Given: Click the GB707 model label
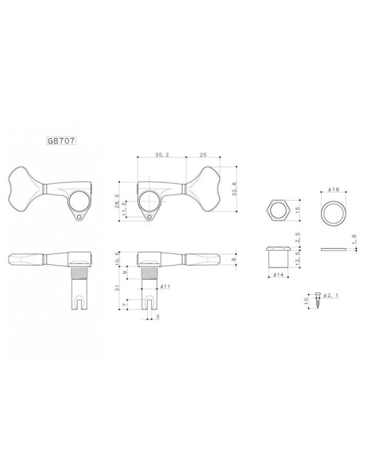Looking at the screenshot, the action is (61, 141).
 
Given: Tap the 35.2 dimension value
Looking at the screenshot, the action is (162, 154).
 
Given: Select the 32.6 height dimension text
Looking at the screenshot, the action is (234, 188).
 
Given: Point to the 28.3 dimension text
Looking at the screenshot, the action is (117, 201).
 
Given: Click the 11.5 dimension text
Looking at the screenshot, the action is (124, 208).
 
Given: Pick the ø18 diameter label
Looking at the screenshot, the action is (334, 190).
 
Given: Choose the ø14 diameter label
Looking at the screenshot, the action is (278, 274).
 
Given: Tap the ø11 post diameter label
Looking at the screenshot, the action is (165, 286).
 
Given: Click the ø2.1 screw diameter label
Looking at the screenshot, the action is (330, 295).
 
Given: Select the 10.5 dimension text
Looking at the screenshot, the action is (117, 258).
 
